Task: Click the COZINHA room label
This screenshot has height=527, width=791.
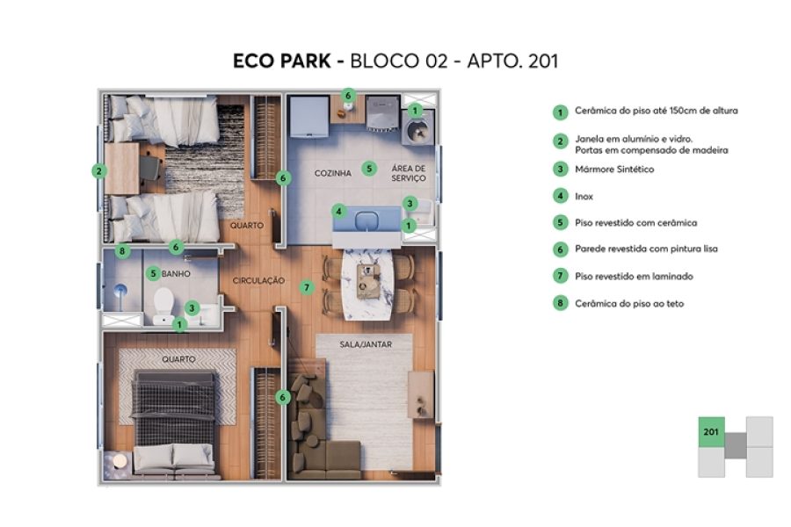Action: tap(333, 173)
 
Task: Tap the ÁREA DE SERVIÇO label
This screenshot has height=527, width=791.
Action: tap(408, 173)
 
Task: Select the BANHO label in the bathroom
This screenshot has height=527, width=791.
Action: tap(177, 274)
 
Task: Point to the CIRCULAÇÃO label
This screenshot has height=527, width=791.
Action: tap(258, 280)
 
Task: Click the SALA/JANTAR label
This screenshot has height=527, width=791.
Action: tap(365, 344)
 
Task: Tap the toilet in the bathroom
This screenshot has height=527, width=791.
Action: tap(163, 305)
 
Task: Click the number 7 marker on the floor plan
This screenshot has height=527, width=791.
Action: tap(306, 286)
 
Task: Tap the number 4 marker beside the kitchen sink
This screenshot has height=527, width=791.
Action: tap(338, 211)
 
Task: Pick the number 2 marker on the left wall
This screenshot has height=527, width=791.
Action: tap(98, 171)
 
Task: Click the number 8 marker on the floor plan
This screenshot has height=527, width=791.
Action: tap(123, 250)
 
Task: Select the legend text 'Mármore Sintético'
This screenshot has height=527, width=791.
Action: tap(614, 169)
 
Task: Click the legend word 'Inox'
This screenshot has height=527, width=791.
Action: tap(584, 196)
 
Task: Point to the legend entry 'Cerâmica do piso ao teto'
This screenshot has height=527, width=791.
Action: tap(628, 303)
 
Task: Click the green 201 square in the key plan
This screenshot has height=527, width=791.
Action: tap(712, 431)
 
